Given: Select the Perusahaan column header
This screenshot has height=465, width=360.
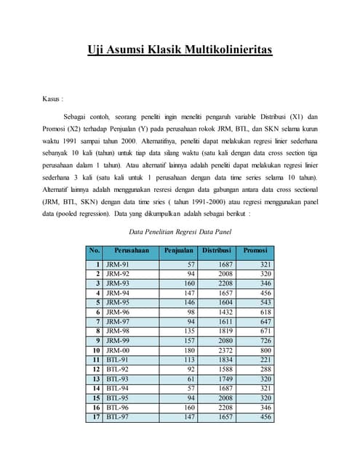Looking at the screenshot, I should click(x=132, y=251).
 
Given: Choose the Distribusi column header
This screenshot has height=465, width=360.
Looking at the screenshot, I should click(x=216, y=251).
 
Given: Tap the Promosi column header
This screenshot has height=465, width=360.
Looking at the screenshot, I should click(x=255, y=251).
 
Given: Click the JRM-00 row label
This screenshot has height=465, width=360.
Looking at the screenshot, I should click(x=119, y=350).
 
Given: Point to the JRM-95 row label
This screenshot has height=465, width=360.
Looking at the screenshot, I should click(x=119, y=302).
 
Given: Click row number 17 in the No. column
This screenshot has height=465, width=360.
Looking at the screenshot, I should click(x=95, y=417).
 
